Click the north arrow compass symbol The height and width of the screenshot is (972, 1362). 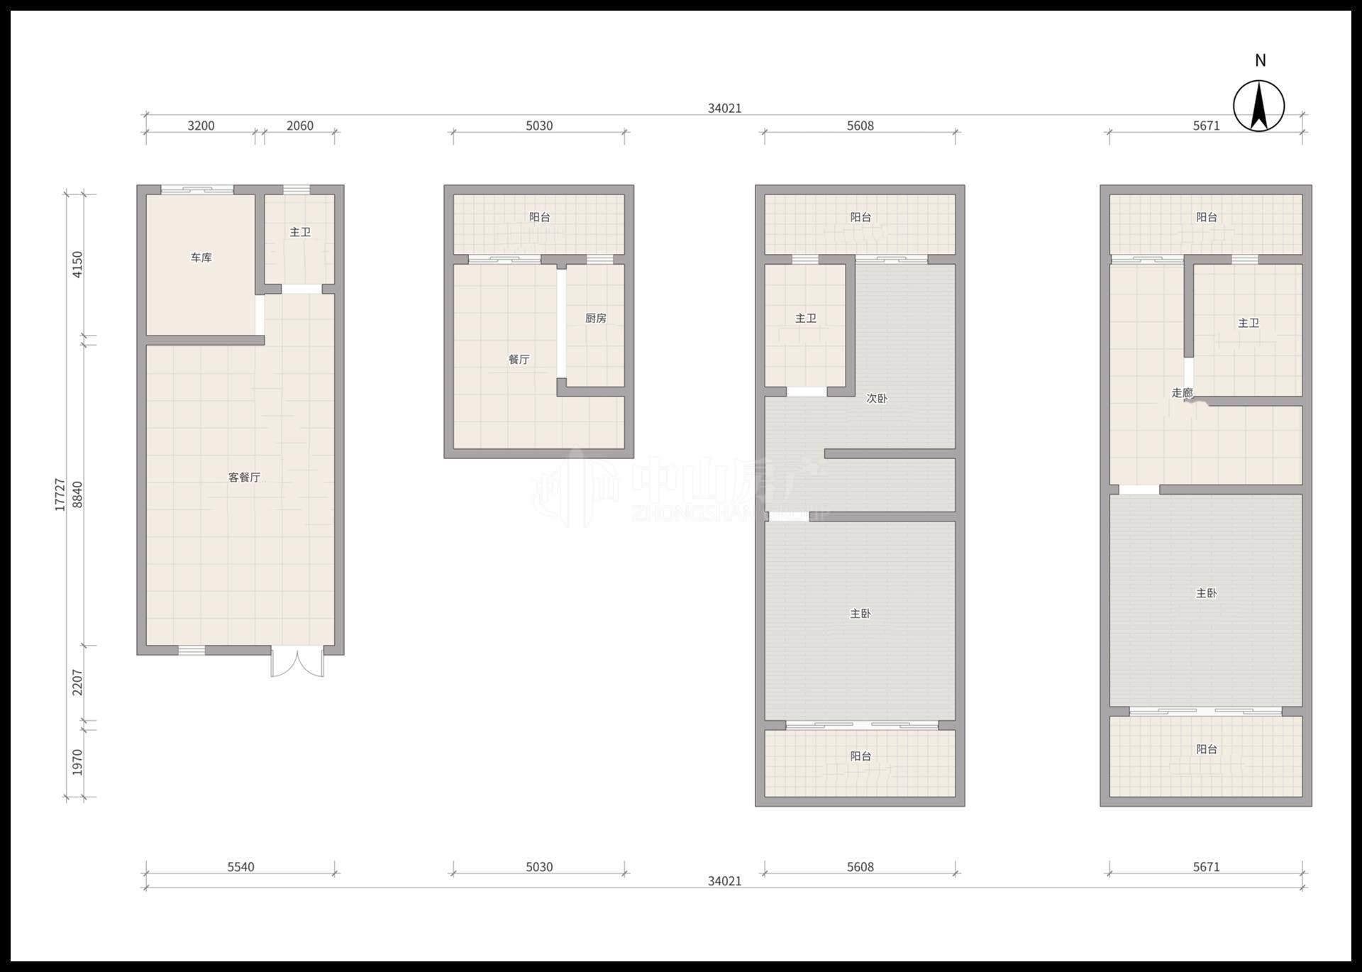[x=1259, y=106]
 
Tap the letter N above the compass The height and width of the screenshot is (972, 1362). [x=1261, y=60]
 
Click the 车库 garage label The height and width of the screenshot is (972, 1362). [x=201, y=258]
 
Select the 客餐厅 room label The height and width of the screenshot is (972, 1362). [x=245, y=477]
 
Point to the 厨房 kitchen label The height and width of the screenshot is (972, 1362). [x=596, y=318]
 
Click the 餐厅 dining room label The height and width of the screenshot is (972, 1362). [x=519, y=359]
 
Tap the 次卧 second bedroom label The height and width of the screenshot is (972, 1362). [x=877, y=398]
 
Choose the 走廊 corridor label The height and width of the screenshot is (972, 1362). [x=1182, y=392]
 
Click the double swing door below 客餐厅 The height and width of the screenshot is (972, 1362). [x=297, y=662]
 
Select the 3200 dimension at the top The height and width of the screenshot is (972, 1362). [x=201, y=126]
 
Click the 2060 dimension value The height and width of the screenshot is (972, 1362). [x=300, y=126]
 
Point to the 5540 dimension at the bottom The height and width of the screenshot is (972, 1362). [x=241, y=867]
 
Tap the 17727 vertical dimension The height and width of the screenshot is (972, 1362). [x=60, y=495]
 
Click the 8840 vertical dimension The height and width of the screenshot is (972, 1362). [x=78, y=495]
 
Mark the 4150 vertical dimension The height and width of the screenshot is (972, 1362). [x=78, y=264]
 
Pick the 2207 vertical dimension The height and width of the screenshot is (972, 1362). [x=78, y=683]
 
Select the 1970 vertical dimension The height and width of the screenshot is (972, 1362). [x=78, y=762]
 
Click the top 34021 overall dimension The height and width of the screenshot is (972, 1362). [x=725, y=109]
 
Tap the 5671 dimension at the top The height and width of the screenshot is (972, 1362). [x=1207, y=126]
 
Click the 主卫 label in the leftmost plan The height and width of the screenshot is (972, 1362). [x=300, y=232]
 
